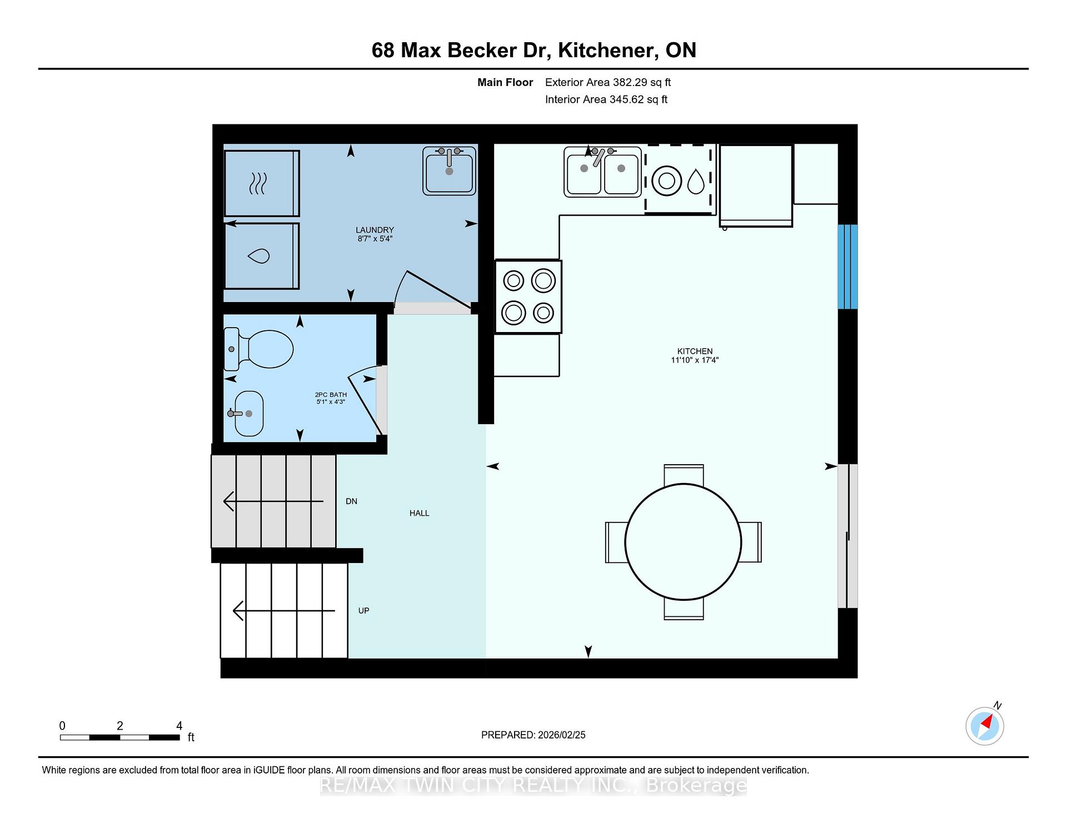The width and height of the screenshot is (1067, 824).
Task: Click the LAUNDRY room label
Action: pos(375,230)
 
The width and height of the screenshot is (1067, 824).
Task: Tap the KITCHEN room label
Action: pos(695,351)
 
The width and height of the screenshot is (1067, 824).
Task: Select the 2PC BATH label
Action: pos(331,395)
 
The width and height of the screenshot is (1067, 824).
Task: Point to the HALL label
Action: pos(420,513)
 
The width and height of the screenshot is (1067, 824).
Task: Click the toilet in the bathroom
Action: pos(258,349)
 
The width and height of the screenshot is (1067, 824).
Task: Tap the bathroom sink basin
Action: pos(248,414)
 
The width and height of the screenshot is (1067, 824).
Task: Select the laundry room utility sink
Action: pos(449,171)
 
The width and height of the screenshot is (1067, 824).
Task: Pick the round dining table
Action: pos(683,542)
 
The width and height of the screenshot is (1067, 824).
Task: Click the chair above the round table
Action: pos(684,475)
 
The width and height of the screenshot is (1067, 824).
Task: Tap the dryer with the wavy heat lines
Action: pos(262,183)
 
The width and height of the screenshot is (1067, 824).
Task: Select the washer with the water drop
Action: pos(261,256)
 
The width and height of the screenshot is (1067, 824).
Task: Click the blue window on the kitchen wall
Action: pos(847,267)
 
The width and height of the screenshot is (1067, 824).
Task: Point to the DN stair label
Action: pos(351,501)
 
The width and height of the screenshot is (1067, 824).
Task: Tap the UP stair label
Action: pos(363,611)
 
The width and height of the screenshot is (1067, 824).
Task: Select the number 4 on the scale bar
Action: pos(179,726)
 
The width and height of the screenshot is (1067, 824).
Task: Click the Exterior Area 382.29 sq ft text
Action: pos(608,82)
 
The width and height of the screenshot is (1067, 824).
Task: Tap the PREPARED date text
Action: pos(533,735)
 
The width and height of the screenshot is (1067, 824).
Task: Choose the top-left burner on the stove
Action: pos(513,280)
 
